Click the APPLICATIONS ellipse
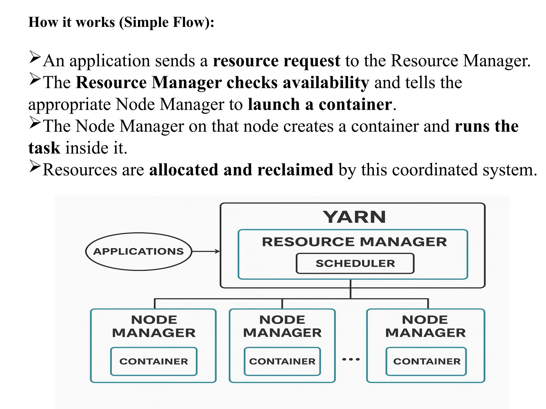138,252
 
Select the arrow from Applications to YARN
206,251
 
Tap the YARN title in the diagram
354,217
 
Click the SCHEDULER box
355,263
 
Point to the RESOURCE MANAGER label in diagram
354,242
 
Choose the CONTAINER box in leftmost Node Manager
154,361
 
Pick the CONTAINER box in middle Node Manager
282,361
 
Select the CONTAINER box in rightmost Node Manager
426,361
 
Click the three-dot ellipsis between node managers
351,359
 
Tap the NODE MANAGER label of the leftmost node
154,326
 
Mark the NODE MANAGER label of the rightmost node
425,326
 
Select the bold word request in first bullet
312,61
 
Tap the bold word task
44,148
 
